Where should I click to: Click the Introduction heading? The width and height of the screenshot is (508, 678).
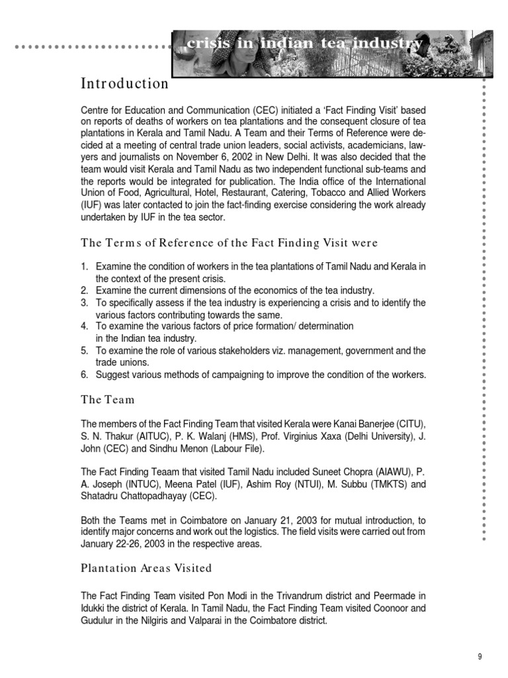coord(125,84)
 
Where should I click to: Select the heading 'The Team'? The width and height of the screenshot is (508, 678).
coord(108,399)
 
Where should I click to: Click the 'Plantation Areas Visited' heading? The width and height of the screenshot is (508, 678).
coord(146,567)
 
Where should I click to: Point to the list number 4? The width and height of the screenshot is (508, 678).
coord(85,326)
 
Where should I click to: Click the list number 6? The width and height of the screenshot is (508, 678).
coord(85,375)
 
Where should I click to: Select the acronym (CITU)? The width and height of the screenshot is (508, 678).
coord(410,424)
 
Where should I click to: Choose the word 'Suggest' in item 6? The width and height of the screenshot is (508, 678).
coord(114,375)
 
